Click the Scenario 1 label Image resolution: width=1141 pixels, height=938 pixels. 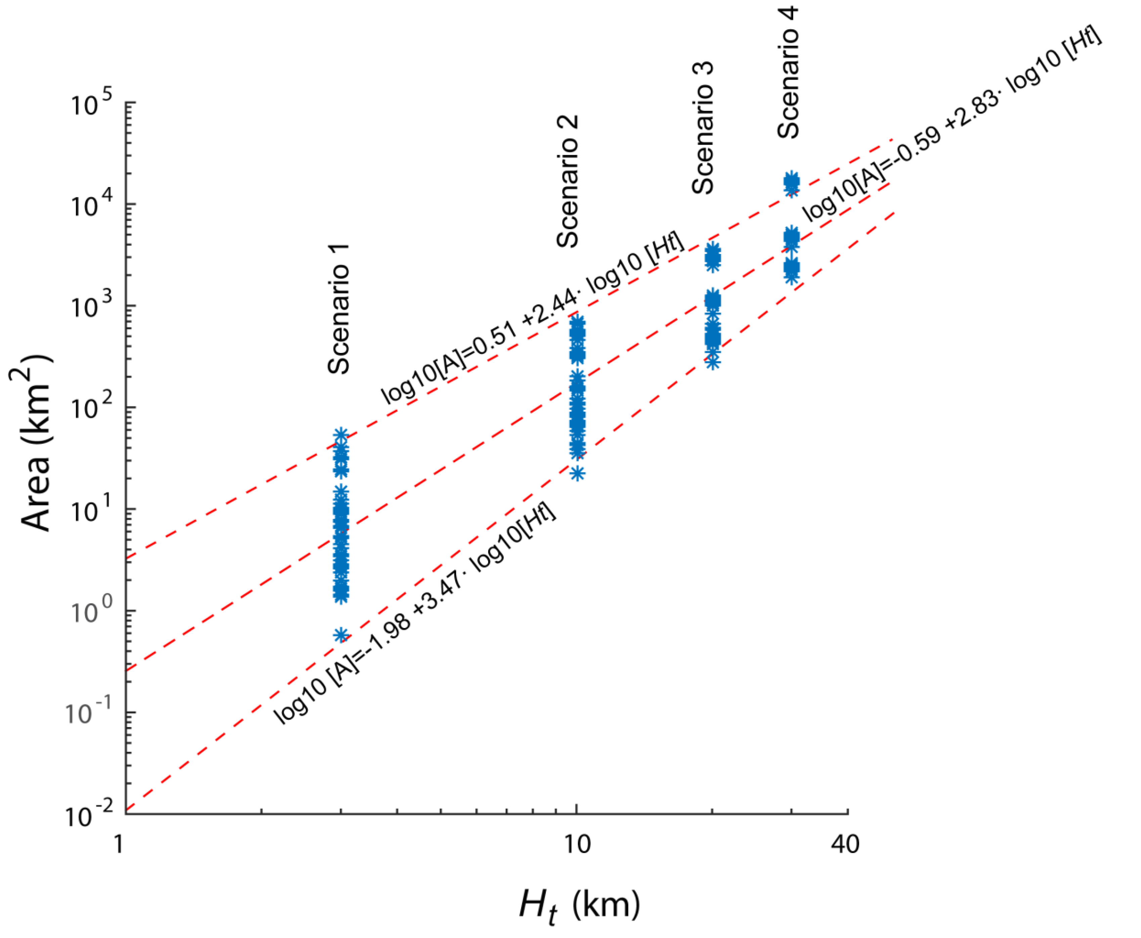tap(339, 309)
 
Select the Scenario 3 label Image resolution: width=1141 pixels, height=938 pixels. tap(703, 128)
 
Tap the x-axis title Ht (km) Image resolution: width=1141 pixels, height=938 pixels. tap(579, 904)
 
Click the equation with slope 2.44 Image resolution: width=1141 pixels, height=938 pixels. tap(532, 319)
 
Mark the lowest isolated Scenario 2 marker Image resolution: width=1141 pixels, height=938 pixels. tap(577, 473)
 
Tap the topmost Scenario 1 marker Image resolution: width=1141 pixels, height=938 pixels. tap(341, 435)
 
